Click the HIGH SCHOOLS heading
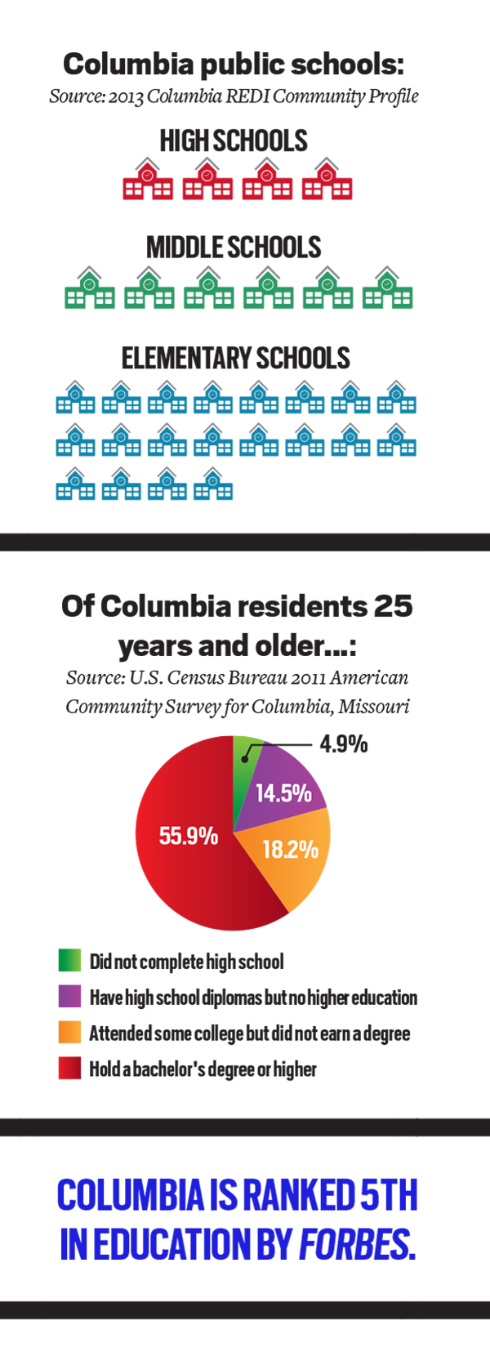click(x=234, y=141)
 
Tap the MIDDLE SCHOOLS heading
click(x=234, y=248)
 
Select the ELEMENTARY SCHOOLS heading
click(x=236, y=358)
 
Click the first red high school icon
click(x=147, y=179)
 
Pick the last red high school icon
click(x=327, y=179)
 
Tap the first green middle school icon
click(x=90, y=287)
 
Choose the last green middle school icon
click(x=388, y=287)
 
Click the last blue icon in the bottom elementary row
click(x=213, y=483)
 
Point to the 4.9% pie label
click(x=343, y=744)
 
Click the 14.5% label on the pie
click(x=283, y=793)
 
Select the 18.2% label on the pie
click(x=291, y=850)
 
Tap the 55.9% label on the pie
click(x=188, y=836)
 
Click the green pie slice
click(x=243, y=764)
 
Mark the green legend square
click(x=69, y=961)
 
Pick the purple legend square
click(x=69, y=997)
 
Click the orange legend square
click(x=69, y=1033)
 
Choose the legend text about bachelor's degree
click(x=203, y=1069)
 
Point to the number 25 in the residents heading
click(x=393, y=606)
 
